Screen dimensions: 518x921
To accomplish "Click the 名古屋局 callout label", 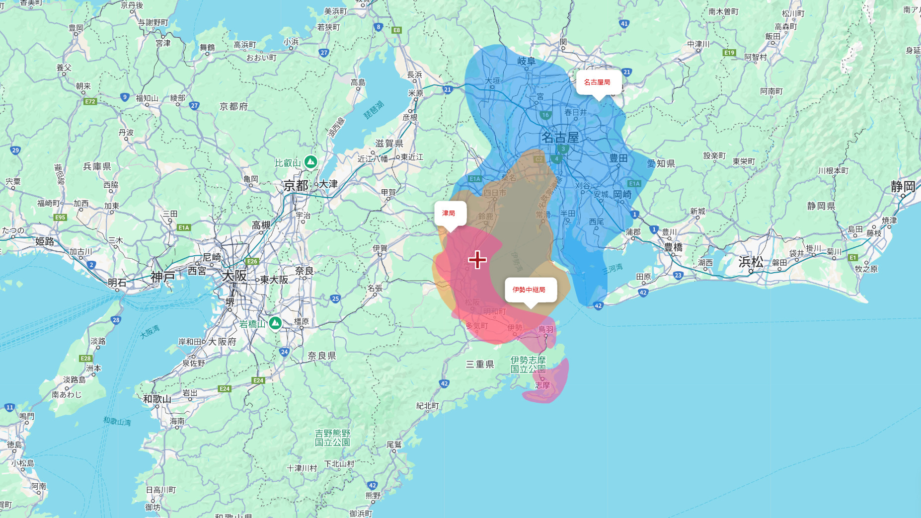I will pyautogui.click(x=597, y=82).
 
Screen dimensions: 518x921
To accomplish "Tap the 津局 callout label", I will pyautogui.click(x=449, y=213).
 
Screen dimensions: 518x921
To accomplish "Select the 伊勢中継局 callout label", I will pyautogui.click(x=529, y=290).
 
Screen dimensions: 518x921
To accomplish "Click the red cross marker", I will pyautogui.click(x=477, y=260).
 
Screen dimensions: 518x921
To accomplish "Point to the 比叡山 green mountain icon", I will pyautogui.click(x=310, y=162).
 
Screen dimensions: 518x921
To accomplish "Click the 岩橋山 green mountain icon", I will pyautogui.click(x=275, y=323).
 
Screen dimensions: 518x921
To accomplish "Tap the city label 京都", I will pyautogui.click(x=296, y=186).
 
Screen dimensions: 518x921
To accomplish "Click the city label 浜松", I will pyautogui.click(x=751, y=262).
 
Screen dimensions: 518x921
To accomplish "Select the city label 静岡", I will pyautogui.click(x=903, y=187).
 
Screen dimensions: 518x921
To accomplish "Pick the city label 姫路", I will pyautogui.click(x=44, y=241).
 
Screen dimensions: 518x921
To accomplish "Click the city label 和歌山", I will pyautogui.click(x=157, y=399).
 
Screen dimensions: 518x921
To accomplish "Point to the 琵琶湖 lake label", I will pyautogui.click(x=374, y=110).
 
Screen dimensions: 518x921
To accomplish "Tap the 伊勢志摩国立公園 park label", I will pyautogui.click(x=528, y=365).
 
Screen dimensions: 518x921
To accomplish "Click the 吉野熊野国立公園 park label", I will pyautogui.click(x=332, y=438).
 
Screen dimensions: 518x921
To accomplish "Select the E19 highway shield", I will pyautogui.click(x=729, y=53).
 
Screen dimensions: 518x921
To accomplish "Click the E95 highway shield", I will pyautogui.click(x=60, y=217).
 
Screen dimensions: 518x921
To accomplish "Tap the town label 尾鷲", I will pyautogui.click(x=394, y=444).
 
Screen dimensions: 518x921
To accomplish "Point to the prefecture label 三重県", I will pyautogui.click(x=479, y=365).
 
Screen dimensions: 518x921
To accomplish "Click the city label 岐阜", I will pyautogui.click(x=527, y=61).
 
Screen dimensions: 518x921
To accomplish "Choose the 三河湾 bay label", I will pyautogui.click(x=612, y=269).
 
